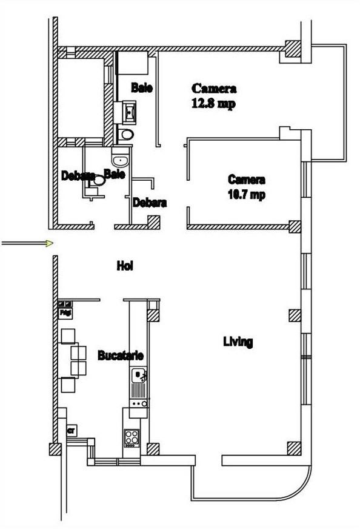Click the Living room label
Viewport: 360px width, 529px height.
(x=238, y=342)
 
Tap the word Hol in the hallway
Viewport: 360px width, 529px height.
(x=125, y=266)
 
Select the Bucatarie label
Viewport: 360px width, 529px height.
(x=120, y=355)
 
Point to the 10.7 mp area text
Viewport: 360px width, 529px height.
(x=245, y=195)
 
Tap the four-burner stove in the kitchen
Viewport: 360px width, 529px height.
(x=132, y=437)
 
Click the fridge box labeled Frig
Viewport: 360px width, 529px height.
(x=65, y=310)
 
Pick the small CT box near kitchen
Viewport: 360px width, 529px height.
(x=71, y=430)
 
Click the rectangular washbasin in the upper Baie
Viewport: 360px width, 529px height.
(x=130, y=112)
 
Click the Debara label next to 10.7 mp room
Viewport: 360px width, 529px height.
(x=150, y=203)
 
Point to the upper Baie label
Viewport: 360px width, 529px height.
(x=142, y=88)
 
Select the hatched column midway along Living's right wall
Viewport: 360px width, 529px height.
(x=295, y=315)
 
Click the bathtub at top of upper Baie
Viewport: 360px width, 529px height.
(x=132, y=63)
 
